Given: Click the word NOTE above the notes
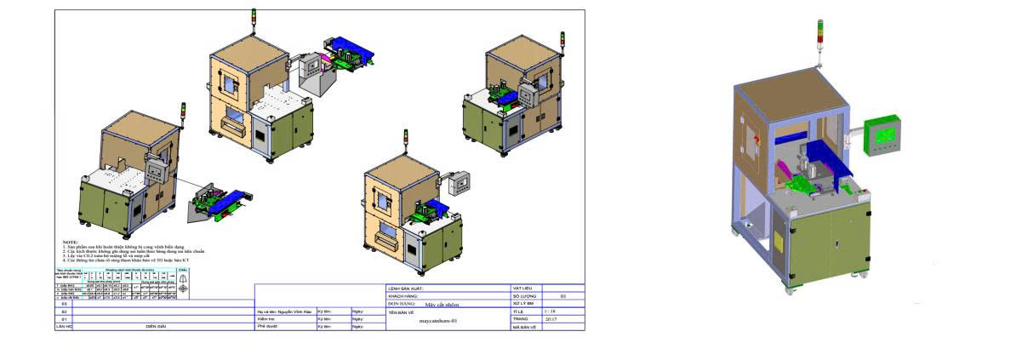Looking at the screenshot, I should pyautogui.click(x=69, y=242).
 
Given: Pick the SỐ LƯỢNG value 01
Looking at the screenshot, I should pyautogui.click(x=562, y=296).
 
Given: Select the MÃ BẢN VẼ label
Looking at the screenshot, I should pyautogui.click(x=523, y=327).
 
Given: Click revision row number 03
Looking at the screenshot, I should pyautogui.click(x=63, y=304).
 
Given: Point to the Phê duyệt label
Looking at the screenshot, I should pyautogui.click(x=268, y=327).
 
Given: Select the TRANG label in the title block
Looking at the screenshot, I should pyautogui.click(x=521, y=319).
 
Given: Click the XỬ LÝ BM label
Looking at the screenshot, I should pyautogui.click(x=523, y=304).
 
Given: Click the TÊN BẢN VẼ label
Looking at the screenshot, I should pyautogui.click(x=404, y=312).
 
